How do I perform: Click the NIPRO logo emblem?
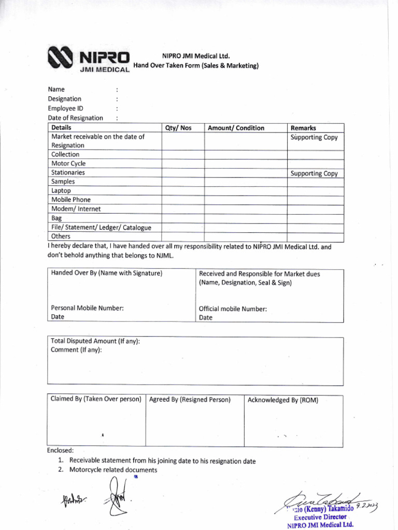pyautogui.click(x=61, y=58)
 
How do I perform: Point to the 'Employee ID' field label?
pyautogui.click(x=65, y=108)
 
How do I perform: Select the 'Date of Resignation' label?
pyautogui.click(x=75, y=117)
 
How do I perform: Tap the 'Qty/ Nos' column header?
pyautogui.click(x=178, y=128)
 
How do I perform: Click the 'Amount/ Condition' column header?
pyautogui.click(x=236, y=128)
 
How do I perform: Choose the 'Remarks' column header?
pyautogui.click(x=303, y=128)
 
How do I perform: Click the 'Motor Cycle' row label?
pyautogui.click(x=68, y=164)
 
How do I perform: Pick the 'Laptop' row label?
pyautogui.click(x=61, y=190)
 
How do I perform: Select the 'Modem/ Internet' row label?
pyautogui.click(x=76, y=209)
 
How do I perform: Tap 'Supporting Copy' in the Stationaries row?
pyautogui.click(x=314, y=173)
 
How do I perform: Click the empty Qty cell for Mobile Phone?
pyautogui.click(x=183, y=200)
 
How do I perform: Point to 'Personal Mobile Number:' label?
pyautogui.click(x=87, y=308)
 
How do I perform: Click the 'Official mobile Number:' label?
pyautogui.click(x=233, y=308)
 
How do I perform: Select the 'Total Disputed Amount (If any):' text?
pyautogui.click(x=95, y=341)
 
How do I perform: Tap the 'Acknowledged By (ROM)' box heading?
pyautogui.click(x=283, y=400)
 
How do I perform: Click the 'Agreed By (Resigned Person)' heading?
pyautogui.click(x=190, y=400)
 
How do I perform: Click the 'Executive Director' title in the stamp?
pyautogui.click(x=319, y=517)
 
